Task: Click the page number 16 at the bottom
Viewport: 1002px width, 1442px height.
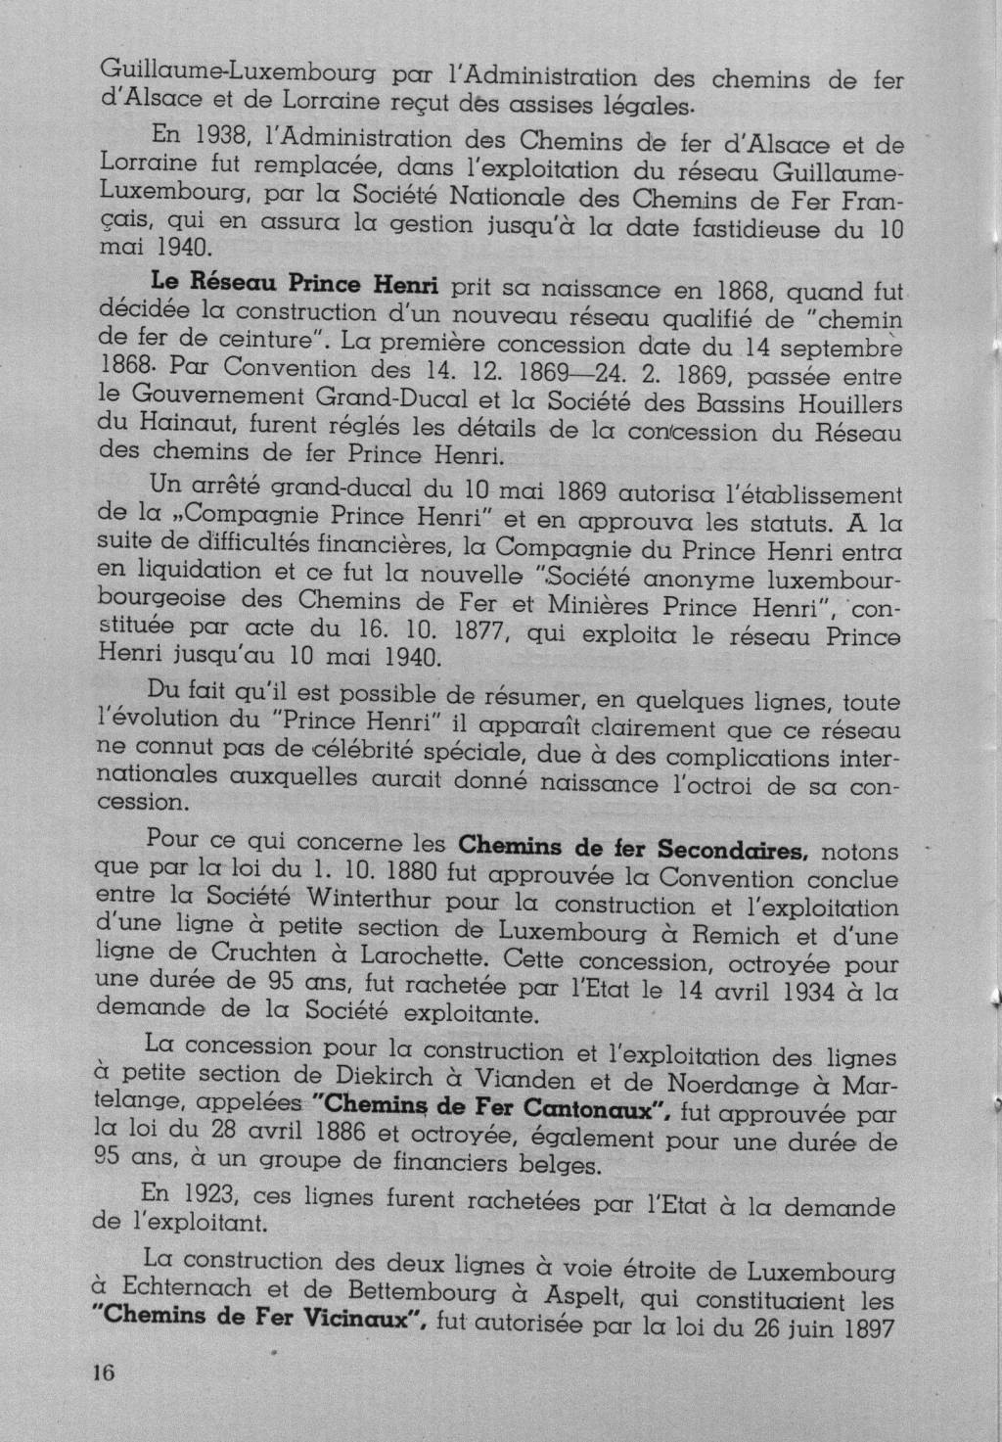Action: [104, 1372]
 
